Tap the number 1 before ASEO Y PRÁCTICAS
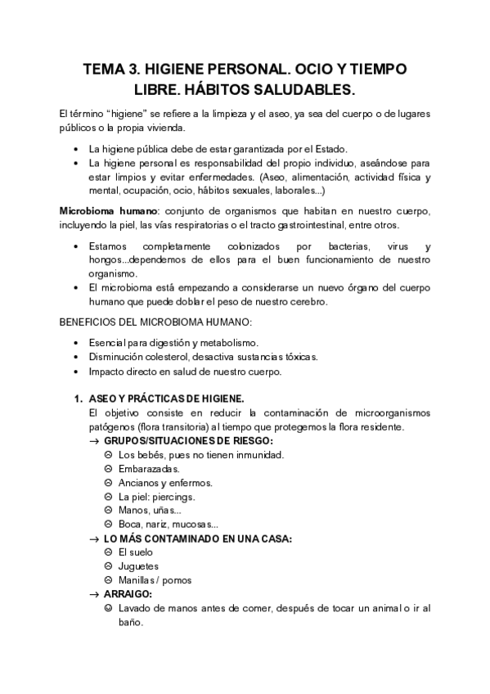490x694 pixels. (x=78, y=399)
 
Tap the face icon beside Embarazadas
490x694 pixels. (x=109, y=468)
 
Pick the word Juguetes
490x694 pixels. (x=138, y=566)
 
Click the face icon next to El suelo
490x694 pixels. (x=109, y=552)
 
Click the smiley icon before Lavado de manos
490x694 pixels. (x=109, y=608)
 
